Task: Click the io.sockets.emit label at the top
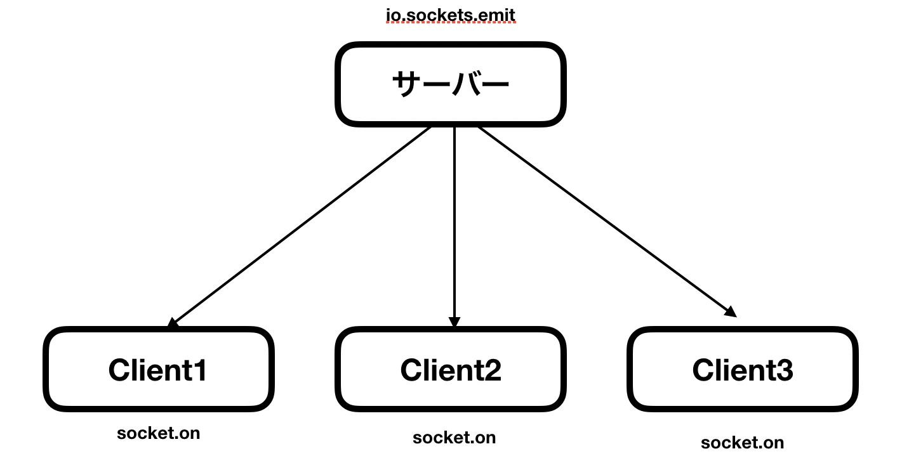451,14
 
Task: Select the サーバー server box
450,84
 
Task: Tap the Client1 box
158,369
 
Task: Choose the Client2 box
450,369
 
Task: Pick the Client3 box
742,369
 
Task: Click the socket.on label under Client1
159,433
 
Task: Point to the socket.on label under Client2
454,438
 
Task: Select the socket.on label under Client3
742,442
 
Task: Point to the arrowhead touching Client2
454,322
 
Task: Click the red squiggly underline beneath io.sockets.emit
451,23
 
